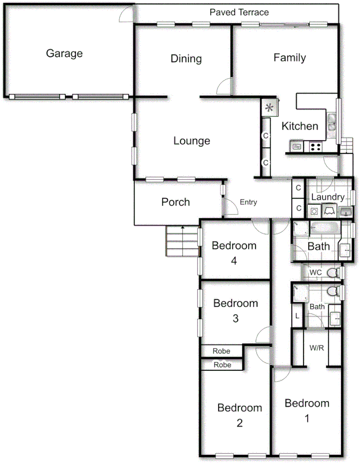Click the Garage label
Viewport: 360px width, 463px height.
pos(64,54)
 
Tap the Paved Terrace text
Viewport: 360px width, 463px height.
pos(239,12)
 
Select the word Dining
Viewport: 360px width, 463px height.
pos(186,59)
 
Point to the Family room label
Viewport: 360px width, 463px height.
pos(289,58)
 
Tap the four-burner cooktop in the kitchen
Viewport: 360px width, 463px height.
pos(315,146)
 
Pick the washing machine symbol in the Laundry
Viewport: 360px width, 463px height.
pos(314,211)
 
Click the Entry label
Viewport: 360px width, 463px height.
pos(248,202)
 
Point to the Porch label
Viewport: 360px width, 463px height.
pos(175,202)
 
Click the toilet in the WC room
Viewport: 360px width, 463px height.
pos(337,272)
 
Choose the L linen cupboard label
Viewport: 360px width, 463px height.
pos(297,316)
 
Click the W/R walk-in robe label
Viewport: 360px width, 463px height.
pos(316,348)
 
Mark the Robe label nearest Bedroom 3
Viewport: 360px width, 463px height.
pos(221,351)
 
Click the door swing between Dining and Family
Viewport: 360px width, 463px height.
pos(224,86)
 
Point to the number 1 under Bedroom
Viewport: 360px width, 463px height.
pos(306,418)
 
